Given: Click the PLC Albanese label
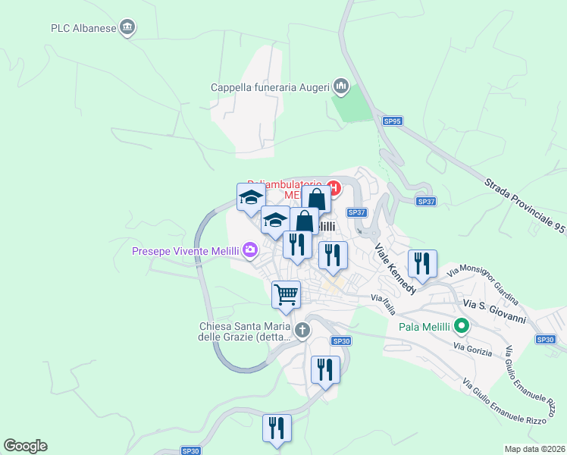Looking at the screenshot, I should [x=83, y=28].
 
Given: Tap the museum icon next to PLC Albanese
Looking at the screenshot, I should [x=127, y=28].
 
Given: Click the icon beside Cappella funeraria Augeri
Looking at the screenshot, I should [x=341, y=87].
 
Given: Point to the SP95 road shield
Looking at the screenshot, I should [x=392, y=121].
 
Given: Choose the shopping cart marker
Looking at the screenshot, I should [x=286, y=293].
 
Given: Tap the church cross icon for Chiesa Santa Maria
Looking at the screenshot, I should [x=302, y=330].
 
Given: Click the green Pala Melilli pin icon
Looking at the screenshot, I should [x=461, y=328].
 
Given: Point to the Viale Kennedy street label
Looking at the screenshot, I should [x=395, y=269].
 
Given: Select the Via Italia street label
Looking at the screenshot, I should [x=384, y=300].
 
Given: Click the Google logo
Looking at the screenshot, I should [x=25, y=446].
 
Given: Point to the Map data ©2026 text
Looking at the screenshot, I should [x=535, y=449].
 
